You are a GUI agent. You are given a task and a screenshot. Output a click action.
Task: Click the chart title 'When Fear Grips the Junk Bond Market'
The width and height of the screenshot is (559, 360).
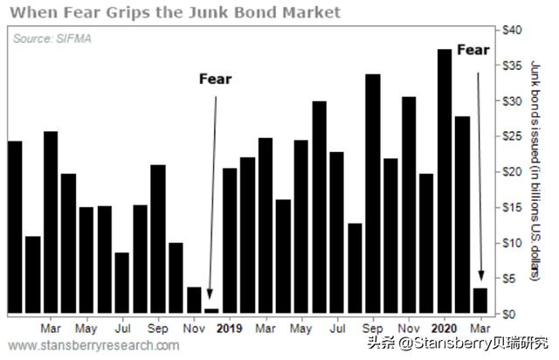tap(174, 11)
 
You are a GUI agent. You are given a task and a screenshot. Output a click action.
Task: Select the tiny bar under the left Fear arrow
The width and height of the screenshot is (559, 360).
tap(211, 310)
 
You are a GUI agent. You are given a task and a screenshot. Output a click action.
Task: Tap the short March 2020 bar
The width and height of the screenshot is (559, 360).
tap(480, 300)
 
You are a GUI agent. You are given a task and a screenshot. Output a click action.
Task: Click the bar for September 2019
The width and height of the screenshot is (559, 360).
tap(372, 193)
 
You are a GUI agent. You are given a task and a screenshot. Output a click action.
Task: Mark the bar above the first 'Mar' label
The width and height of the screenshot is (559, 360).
tap(51, 222)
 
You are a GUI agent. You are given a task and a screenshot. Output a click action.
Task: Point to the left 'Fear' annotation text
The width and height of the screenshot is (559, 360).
tap(215, 80)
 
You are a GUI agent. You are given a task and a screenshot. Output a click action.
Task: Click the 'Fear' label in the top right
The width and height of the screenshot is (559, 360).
tap(473, 50)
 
